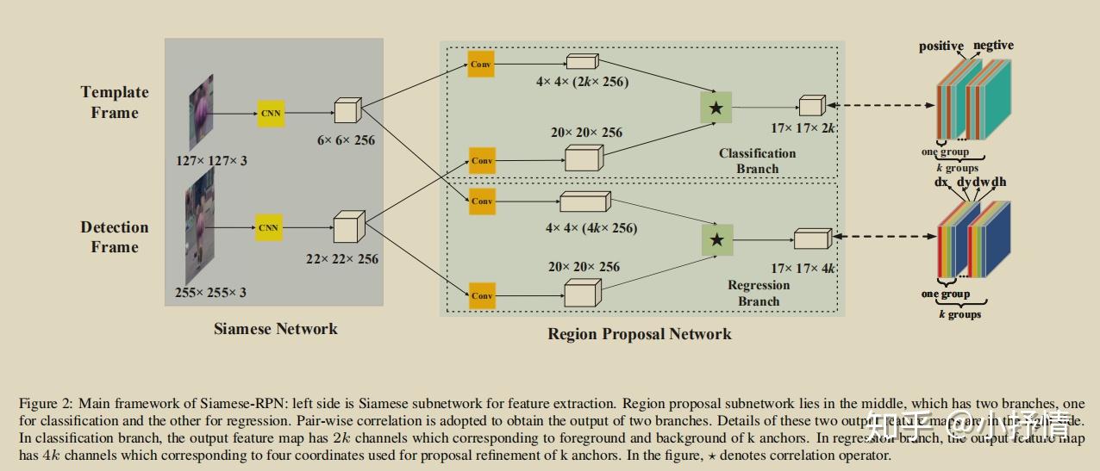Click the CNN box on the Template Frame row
pyautogui.click(x=270, y=113)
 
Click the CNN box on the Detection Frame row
pyautogui.click(x=269, y=227)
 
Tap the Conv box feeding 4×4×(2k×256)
pyautogui.click(x=481, y=64)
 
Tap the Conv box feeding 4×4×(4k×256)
pyautogui.click(x=481, y=201)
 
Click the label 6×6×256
pyautogui.click(x=347, y=139)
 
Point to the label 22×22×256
pyautogui.click(x=341, y=258)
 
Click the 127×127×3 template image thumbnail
pyautogui.click(x=201, y=113)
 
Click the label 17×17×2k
pyautogui.click(x=803, y=128)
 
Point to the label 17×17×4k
pyautogui.click(x=803, y=269)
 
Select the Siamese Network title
pyautogui.click(x=276, y=328)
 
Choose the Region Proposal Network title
pyautogui.click(x=640, y=334)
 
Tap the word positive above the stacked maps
pyautogui.click(x=941, y=46)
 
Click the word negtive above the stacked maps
pyautogui.click(x=993, y=45)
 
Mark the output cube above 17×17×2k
pyautogui.click(x=811, y=105)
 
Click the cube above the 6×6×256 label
pyautogui.click(x=347, y=111)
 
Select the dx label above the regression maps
pyautogui.click(x=941, y=183)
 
